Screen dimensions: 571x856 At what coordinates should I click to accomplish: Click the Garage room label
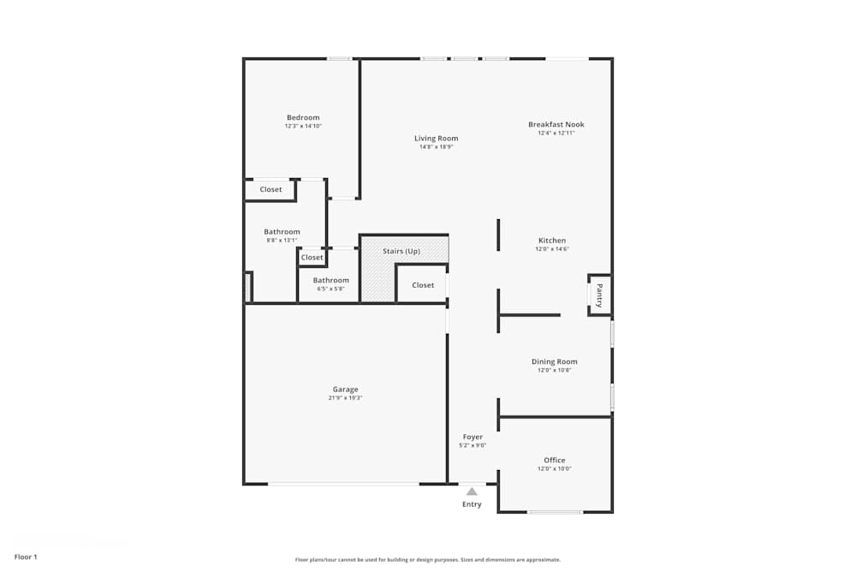click(x=346, y=390)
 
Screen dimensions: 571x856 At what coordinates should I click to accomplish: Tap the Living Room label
click(x=437, y=138)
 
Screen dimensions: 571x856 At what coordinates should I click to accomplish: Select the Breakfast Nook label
click(x=556, y=124)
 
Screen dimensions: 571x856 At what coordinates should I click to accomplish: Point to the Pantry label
click(x=599, y=295)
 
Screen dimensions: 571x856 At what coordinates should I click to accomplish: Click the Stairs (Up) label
click(x=401, y=251)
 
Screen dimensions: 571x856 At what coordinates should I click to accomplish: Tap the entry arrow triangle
click(x=472, y=491)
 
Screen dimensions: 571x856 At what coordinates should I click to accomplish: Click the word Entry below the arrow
click(x=472, y=504)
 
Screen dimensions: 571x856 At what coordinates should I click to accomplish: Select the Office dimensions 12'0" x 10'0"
click(x=555, y=469)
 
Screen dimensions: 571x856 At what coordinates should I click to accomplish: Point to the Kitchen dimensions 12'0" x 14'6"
click(x=552, y=249)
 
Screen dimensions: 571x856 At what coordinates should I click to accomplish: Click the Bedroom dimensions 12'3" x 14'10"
click(x=303, y=126)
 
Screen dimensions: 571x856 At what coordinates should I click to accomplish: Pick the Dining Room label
click(x=555, y=361)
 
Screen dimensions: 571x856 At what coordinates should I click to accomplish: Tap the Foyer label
click(x=473, y=437)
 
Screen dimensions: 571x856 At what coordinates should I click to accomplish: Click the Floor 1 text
click(x=26, y=556)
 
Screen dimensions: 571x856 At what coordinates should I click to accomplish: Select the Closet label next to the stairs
click(x=423, y=285)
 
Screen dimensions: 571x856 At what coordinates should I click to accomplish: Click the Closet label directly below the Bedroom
click(x=270, y=189)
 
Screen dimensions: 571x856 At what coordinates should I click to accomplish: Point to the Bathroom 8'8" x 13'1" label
click(x=282, y=232)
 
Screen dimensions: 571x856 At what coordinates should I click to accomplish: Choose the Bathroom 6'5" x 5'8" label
click(x=331, y=280)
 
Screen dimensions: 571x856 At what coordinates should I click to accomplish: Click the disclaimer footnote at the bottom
click(x=428, y=560)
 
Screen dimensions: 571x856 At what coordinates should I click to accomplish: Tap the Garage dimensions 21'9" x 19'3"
click(x=346, y=398)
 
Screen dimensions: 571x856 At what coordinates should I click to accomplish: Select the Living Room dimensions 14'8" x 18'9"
click(x=437, y=146)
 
